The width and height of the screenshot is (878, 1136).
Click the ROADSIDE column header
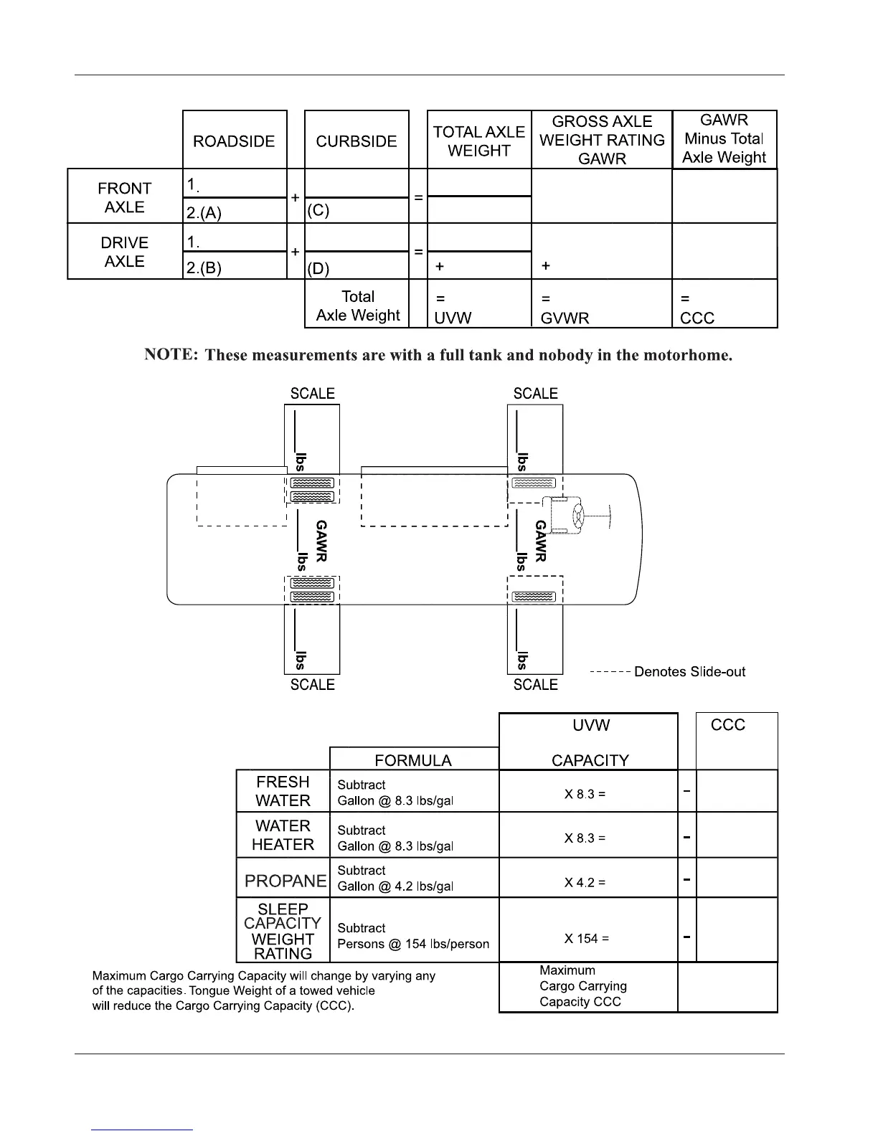(x=234, y=141)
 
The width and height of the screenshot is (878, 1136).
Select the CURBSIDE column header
(x=357, y=141)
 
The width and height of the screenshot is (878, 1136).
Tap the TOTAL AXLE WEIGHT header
(x=478, y=141)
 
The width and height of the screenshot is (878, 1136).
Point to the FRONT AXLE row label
(x=125, y=197)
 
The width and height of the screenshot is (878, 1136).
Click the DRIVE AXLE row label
(x=125, y=252)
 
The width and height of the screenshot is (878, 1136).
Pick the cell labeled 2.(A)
(x=204, y=212)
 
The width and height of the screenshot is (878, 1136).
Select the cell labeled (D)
(x=318, y=269)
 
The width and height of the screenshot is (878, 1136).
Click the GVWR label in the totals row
(x=565, y=318)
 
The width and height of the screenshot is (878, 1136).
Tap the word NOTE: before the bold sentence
(x=171, y=354)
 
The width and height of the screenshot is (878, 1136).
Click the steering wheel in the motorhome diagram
(x=578, y=516)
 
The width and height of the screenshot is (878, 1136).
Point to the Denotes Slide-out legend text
(x=689, y=672)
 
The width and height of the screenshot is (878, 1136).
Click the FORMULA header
(x=413, y=760)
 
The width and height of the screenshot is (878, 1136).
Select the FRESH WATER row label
(x=283, y=791)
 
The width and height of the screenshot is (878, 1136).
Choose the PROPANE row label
(x=285, y=880)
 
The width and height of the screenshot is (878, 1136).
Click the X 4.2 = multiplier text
(x=585, y=882)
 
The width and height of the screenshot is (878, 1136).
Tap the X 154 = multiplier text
(x=586, y=939)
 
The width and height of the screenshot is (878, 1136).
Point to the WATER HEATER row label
(x=283, y=836)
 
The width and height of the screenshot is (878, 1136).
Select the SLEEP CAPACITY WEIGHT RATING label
(x=283, y=931)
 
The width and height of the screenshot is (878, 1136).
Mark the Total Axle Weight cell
(x=358, y=306)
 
